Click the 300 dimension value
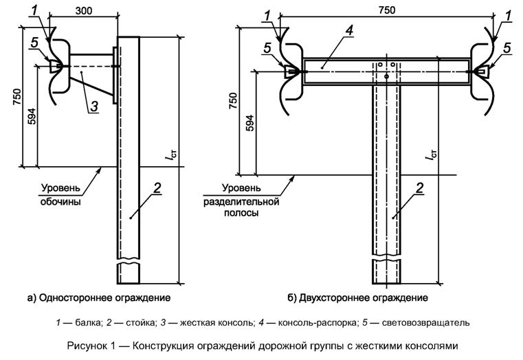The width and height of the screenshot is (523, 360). pos(84,11)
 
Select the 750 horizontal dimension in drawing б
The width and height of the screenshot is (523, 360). pos(386,10)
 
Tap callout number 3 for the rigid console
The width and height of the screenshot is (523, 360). pos(94,106)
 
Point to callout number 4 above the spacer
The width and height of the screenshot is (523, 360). pos(349,31)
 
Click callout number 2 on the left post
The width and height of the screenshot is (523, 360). pos(157,188)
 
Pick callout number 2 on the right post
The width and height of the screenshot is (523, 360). pos(419,188)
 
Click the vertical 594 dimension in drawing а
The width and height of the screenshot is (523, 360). pos(32,116)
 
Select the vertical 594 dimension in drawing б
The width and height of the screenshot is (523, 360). pos(250,122)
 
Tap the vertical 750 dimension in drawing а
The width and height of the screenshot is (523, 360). pos(16,98)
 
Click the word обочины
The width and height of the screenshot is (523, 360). pos(60,202)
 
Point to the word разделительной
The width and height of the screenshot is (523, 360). pos(241,202)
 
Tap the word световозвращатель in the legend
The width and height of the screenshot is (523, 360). pos(425,323)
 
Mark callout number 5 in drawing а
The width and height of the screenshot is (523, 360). pos(34,43)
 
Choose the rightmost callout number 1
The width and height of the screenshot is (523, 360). pos(508,16)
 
